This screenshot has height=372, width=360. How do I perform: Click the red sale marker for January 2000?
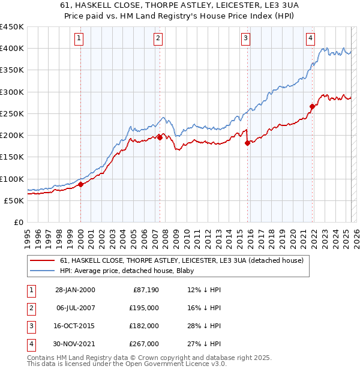point(81,184)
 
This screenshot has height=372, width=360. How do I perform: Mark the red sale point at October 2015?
point(247,143)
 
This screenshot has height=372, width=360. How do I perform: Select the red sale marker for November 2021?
point(312,107)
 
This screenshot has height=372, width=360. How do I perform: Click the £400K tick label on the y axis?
point(12,49)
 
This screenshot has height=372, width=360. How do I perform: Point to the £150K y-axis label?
point(12,157)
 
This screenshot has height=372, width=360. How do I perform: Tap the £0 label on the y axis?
point(18,222)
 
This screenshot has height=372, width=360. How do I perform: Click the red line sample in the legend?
point(42,260)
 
